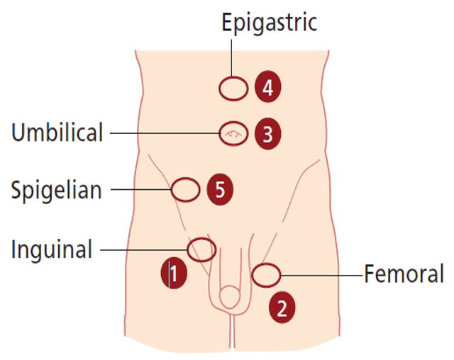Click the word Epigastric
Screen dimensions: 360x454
point(269,22)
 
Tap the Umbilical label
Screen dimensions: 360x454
point(57,133)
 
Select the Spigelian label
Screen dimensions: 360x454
point(56,190)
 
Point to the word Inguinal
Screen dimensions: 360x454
point(51,249)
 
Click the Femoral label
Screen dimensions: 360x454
point(404,274)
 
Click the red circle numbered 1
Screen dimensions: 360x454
point(174,273)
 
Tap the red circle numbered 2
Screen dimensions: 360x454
point(282,308)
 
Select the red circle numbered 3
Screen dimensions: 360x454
point(267,134)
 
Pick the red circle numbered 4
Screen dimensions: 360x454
point(267,89)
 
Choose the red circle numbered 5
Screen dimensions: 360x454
point(220,190)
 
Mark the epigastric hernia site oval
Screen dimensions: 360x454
point(233,89)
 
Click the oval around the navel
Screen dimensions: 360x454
point(233,133)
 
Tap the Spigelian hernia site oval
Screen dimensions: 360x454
point(185,190)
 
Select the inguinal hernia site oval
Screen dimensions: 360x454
point(201,249)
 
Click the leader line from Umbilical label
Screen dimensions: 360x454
point(163,133)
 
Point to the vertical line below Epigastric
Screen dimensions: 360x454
point(232,57)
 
